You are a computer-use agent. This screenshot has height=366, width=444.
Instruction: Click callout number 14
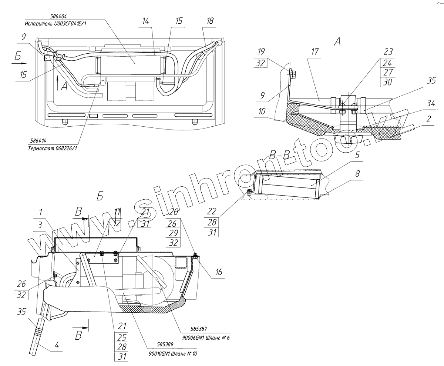(x=146, y=21)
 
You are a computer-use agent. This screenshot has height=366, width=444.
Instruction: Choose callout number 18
(x=210, y=21)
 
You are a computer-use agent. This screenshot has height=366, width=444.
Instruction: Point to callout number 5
(x=357, y=155)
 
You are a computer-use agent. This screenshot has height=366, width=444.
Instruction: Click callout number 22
(x=211, y=211)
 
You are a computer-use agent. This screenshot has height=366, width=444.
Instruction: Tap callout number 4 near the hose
(x=57, y=346)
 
